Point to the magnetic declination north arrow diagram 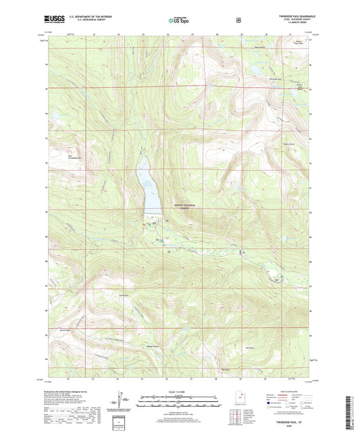[124, 401]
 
